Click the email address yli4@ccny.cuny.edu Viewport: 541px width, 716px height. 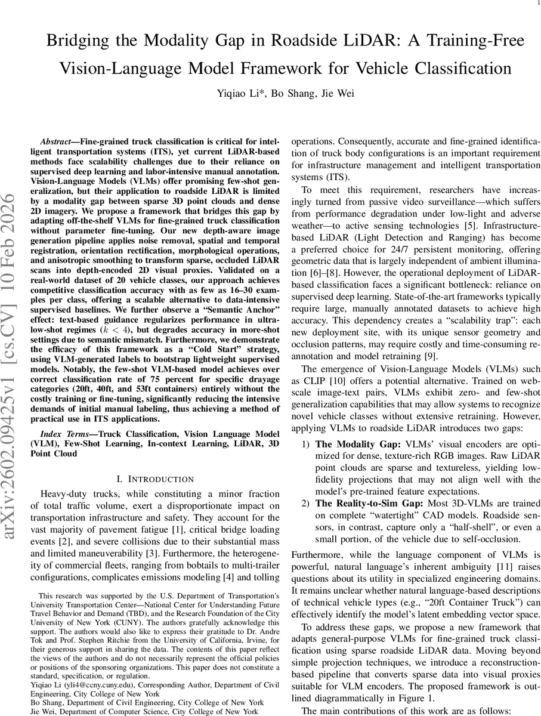(x=91, y=686)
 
